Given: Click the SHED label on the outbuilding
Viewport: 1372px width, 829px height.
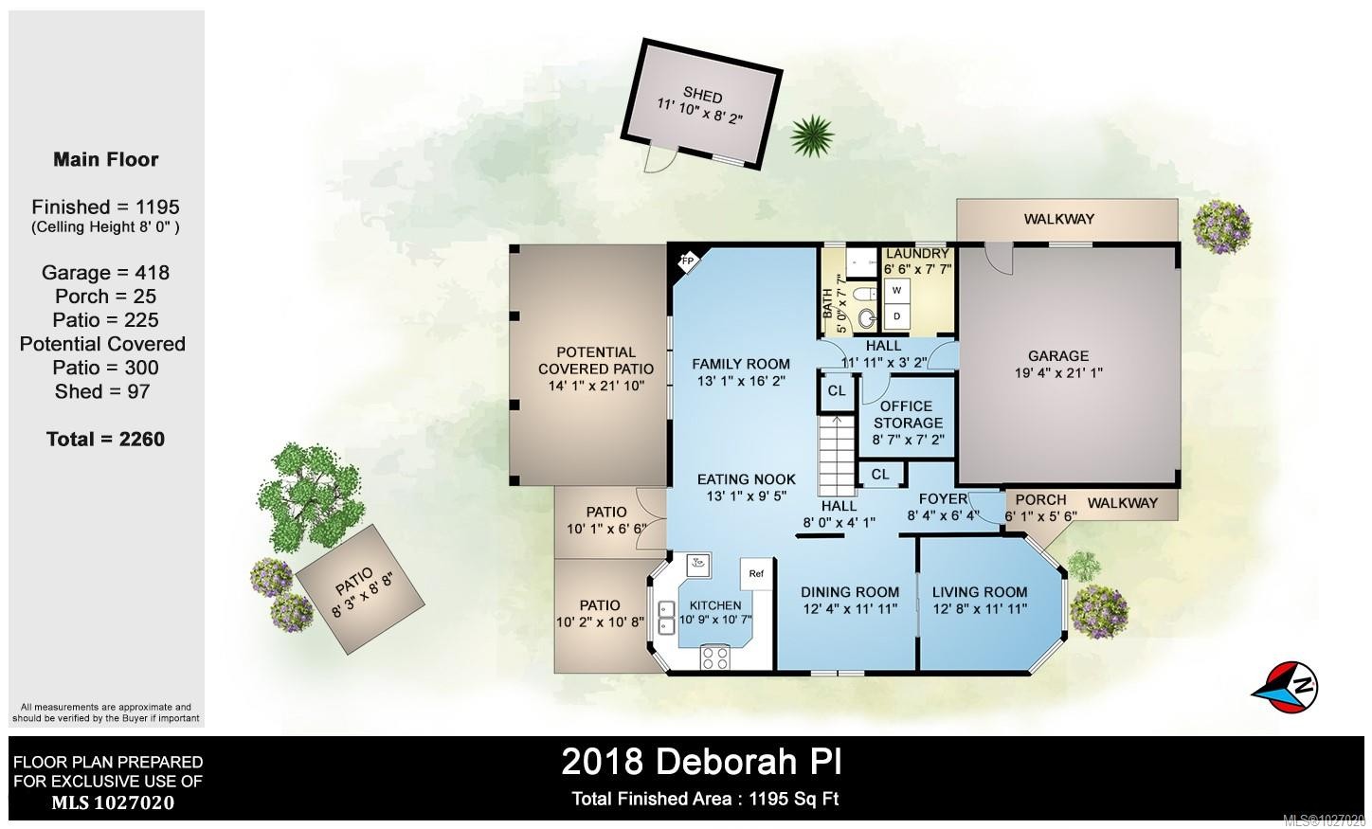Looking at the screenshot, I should tap(702, 97).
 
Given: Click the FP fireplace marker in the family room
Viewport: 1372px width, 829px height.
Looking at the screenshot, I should tap(687, 261).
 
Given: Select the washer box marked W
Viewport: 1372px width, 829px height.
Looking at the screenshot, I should tap(896, 291).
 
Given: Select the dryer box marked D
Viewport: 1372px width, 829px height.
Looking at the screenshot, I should tap(896, 315).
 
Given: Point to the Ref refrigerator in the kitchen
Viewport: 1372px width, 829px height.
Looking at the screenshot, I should tap(756, 574).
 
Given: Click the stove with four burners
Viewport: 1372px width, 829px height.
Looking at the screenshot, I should tap(716, 657).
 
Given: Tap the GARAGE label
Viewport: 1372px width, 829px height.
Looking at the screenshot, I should tap(1058, 356).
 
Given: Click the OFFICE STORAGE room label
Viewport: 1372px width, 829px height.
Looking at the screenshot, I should tap(907, 414).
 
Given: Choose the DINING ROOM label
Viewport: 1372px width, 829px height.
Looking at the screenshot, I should tap(850, 592).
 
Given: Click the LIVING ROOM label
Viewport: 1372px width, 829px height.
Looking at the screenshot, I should tap(979, 592).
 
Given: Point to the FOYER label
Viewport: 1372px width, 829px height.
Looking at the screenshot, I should tap(943, 499).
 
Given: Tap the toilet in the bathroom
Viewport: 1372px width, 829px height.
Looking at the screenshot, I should tap(865, 316).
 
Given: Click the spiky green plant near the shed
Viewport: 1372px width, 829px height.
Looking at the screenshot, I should tap(811, 136).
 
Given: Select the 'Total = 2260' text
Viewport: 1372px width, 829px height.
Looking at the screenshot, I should tap(105, 439).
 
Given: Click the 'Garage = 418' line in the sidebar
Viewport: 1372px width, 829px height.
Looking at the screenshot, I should tap(105, 273).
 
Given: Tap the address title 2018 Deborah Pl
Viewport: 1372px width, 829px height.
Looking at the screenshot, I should tap(701, 761).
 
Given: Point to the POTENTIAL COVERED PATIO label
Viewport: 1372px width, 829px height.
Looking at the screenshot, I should tap(596, 360).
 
